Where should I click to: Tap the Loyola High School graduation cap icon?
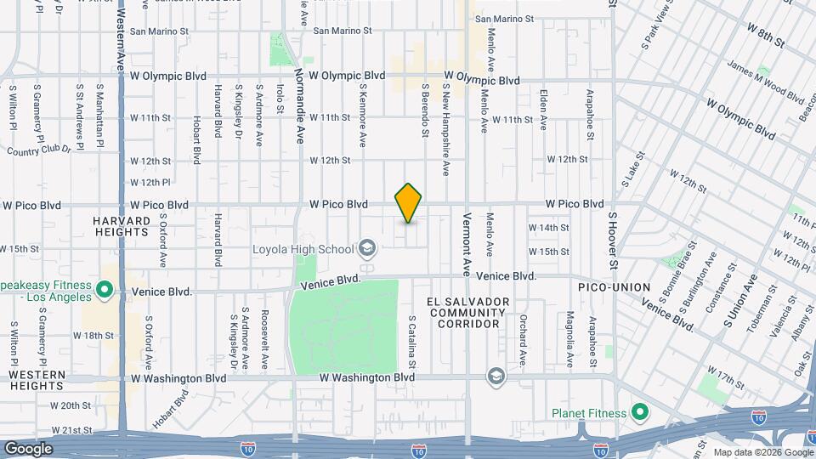(367, 248)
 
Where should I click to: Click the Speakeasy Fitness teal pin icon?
(105, 291)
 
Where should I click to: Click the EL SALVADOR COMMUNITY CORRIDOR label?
(468, 313)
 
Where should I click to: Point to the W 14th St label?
(548, 228)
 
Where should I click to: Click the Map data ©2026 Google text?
(762, 452)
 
